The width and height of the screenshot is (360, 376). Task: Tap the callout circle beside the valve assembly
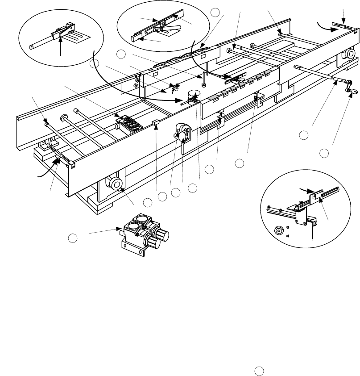(72, 238)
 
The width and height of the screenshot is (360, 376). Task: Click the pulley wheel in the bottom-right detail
(279, 230)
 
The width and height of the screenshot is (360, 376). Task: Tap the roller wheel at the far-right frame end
(349, 54)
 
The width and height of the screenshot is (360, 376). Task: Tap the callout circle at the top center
(216, 13)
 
